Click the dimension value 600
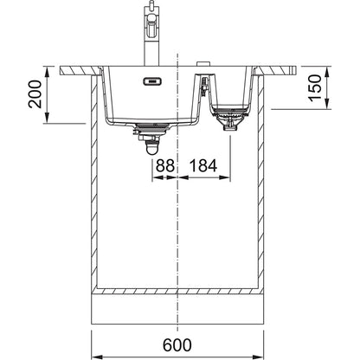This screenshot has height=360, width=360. (x=177, y=345)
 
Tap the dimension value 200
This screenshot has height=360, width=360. (x=35, y=94)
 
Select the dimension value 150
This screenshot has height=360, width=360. (x=315, y=87)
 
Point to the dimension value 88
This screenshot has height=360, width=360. (x=165, y=166)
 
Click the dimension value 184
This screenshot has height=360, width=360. (x=202, y=166)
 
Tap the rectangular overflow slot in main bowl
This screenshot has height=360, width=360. (x=151, y=81)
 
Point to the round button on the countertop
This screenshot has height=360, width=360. (x=202, y=64)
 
